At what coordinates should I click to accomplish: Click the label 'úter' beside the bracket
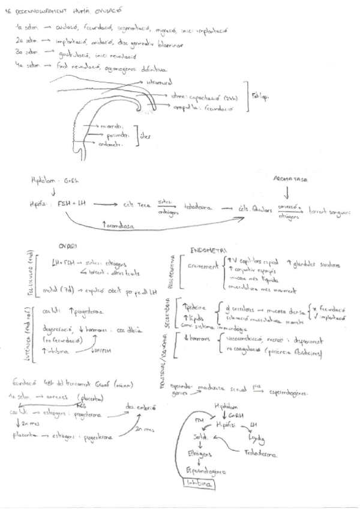coord(145,136)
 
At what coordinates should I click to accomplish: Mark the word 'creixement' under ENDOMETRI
coord(201,265)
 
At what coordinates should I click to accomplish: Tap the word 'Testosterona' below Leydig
coord(260,454)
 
